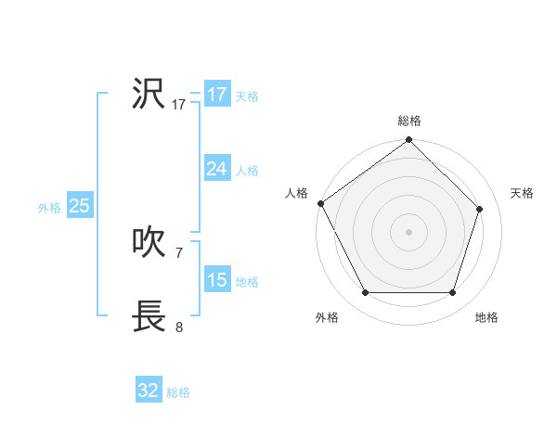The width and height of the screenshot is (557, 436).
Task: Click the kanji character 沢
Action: pyautogui.click(x=149, y=94)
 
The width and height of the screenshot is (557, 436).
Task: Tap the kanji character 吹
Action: pyautogui.click(x=149, y=242)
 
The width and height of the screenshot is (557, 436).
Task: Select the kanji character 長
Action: pyautogui.click(x=149, y=315)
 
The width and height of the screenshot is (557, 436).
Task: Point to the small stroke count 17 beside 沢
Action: pyautogui.click(x=179, y=105)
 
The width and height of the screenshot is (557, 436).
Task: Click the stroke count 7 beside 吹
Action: pyautogui.click(x=179, y=252)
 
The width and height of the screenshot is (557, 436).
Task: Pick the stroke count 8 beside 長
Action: pyautogui.click(x=179, y=327)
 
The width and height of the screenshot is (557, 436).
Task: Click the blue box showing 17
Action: pyautogui.click(x=217, y=95)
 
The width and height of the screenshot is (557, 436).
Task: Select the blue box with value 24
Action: pyautogui.click(x=217, y=169)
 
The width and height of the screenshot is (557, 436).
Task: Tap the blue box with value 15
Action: pyautogui.click(x=217, y=280)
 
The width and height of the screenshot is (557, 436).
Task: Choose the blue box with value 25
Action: pyautogui.click(x=80, y=206)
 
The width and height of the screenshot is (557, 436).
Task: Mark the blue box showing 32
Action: pyautogui.click(x=149, y=391)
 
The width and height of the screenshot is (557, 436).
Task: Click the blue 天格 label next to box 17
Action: pyautogui.click(x=247, y=96)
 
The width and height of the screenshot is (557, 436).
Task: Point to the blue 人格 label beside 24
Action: pyautogui.click(x=247, y=171)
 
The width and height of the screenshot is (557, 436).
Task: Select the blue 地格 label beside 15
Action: pyautogui.click(x=247, y=282)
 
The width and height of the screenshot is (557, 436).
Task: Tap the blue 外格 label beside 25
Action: pyautogui.click(x=49, y=209)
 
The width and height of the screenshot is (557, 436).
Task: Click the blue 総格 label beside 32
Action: pyautogui.click(x=178, y=393)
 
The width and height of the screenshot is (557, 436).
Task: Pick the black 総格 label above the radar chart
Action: pyautogui.click(x=409, y=121)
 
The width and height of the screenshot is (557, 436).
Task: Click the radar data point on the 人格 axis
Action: pyautogui.click(x=321, y=203)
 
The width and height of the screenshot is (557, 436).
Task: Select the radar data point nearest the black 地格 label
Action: pyautogui.click(x=453, y=293)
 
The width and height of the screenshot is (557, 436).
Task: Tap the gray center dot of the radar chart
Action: pyautogui.click(x=409, y=232)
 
